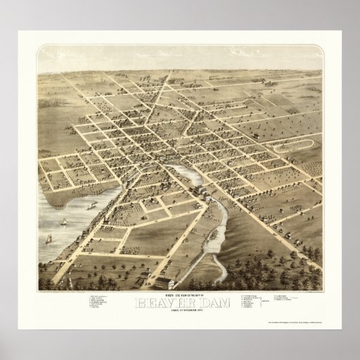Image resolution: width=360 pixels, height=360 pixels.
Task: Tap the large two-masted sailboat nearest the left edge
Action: pyautogui.click(x=50, y=239)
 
